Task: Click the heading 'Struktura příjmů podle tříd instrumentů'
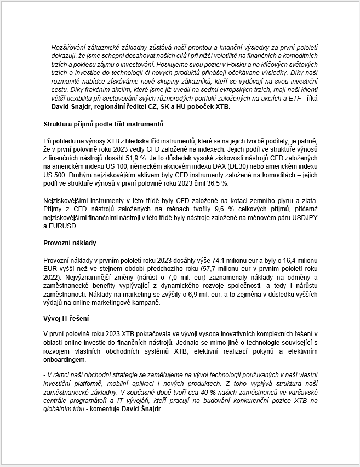[103, 124]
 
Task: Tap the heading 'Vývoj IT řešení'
[66, 319]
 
